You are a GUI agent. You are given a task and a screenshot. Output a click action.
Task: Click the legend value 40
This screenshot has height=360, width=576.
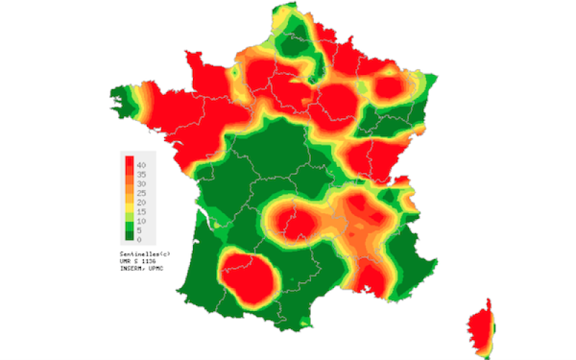click(141, 165)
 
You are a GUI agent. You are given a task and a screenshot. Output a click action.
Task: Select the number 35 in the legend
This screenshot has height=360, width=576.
click(141, 174)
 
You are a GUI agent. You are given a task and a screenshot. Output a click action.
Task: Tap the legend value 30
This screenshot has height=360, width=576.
click(141, 184)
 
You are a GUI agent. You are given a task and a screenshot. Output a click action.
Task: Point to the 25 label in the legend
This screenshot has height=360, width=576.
click(141, 193)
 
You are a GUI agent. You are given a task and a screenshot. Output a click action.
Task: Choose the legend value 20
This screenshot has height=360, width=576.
click(141, 202)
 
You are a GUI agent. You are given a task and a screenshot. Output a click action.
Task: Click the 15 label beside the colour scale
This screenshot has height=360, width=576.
click(141, 212)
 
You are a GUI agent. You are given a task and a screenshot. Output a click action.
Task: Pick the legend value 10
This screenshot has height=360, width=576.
click(141, 221)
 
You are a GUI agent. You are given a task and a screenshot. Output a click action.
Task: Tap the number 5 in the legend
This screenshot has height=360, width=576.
click(139, 230)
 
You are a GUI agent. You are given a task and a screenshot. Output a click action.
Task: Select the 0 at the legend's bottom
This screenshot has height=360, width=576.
click(139, 239)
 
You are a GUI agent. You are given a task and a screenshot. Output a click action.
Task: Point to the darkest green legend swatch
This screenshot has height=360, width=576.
click(130, 234)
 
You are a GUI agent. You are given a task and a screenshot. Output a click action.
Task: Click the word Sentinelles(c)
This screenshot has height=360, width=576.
click(145, 254)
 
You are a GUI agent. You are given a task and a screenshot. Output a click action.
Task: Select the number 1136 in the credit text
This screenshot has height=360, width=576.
click(149, 261)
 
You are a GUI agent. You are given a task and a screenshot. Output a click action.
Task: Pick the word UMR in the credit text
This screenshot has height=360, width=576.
click(127, 261)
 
